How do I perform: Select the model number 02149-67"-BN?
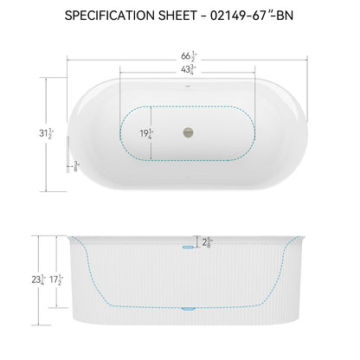pos(257,16)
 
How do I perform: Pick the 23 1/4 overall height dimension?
pos(37,280)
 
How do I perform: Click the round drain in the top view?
pos(184,132)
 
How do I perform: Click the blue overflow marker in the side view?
pos(187,247)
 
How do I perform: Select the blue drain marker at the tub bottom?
pos(187,307)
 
